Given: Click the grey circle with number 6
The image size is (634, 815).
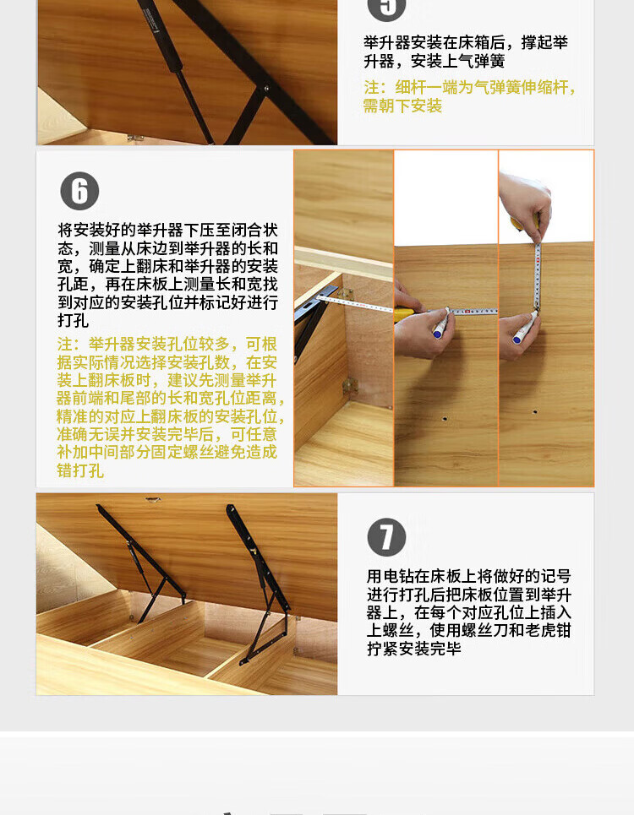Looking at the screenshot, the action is [x=79, y=191].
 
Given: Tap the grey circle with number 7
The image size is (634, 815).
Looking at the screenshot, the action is [x=386, y=537].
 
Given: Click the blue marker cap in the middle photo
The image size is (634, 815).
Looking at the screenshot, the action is [x=439, y=333].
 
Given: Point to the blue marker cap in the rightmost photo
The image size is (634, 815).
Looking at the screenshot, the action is [x=517, y=339].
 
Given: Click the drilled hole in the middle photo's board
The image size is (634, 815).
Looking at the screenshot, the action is [x=445, y=418].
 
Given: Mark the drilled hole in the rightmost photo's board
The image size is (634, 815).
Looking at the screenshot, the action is [x=535, y=412].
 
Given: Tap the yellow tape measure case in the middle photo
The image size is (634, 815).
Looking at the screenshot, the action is [x=405, y=314].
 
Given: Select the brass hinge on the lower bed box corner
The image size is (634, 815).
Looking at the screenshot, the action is [x=347, y=385].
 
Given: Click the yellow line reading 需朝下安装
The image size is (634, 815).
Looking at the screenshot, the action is [x=402, y=106].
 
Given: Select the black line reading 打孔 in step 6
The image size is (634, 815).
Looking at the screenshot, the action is [x=73, y=320].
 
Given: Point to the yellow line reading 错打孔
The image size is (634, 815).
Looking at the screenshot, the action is [x=80, y=470].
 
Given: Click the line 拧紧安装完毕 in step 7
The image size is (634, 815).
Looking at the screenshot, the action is [x=414, y=649].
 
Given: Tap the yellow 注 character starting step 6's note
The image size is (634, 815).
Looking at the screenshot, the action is [x=65, y=344].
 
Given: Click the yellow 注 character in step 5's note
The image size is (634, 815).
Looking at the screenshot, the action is [x=371, y=87].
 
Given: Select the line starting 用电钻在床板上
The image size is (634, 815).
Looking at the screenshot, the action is [x=469, y=576].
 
